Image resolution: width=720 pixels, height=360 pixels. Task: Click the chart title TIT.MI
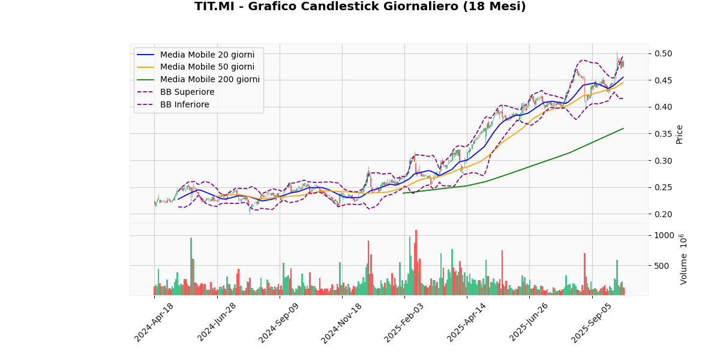point(360,7)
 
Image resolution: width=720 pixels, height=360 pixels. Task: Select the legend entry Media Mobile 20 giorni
point(207,55)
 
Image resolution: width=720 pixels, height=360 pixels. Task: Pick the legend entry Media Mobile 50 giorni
point(207,67)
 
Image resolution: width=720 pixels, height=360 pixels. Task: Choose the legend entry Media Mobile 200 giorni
point(209,80)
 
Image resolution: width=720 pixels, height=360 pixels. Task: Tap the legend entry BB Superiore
point(187,92)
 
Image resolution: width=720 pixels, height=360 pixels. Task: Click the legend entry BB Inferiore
point(184,105)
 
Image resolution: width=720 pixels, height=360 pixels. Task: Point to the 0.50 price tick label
point(664,54)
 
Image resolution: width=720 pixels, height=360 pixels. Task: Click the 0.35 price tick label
point(664,134)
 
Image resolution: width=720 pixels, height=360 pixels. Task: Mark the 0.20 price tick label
point(664,214)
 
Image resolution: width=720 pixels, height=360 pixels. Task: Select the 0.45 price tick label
point(664,80)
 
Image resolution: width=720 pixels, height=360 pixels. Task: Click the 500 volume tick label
point(664,266)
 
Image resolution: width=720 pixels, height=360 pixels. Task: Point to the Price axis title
point(680,134)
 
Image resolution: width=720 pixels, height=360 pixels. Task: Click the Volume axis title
point(683,259)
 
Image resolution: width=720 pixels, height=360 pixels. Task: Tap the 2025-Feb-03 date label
point(406,322)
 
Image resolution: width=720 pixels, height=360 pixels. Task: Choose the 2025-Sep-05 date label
point(593,322)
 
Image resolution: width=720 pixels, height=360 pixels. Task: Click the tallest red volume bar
point(416,262)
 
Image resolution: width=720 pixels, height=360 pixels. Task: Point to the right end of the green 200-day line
point(623,128)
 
